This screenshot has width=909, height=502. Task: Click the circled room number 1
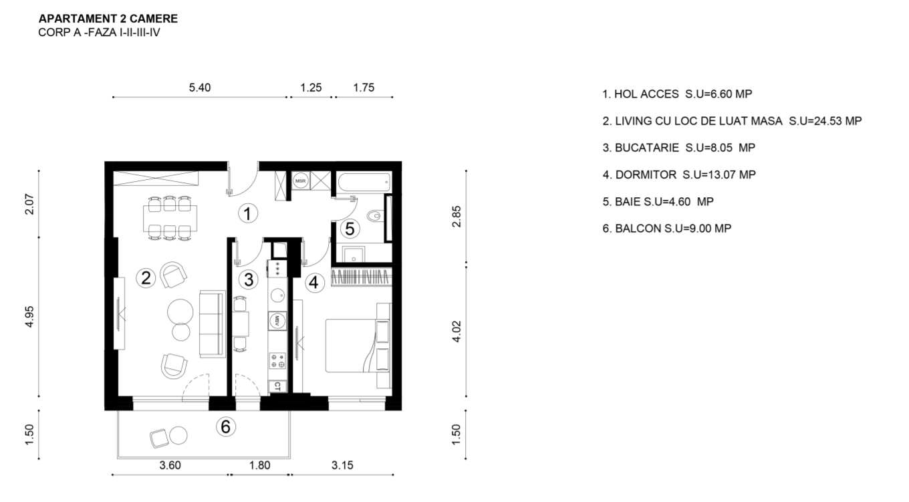pos(248,213)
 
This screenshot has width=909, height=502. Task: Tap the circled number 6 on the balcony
pos(226,426)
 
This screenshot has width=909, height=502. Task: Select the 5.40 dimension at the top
pos(200,88)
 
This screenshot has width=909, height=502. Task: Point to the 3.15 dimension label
pos(342,465)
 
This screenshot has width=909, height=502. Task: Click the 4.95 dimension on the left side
pos(29,317)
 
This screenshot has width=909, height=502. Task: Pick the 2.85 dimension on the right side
pos(457,217)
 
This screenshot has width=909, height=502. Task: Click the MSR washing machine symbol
pos(301,180)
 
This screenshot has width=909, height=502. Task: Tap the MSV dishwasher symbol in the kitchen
pos(277,321)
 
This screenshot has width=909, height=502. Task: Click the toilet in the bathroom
pos(375,215)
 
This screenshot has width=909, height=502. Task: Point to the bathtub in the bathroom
pos(364,182)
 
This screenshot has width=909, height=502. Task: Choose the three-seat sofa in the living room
pos(213,324)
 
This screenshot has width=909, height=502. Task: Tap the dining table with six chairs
pos(170,219)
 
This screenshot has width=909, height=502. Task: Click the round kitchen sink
pos(278,296)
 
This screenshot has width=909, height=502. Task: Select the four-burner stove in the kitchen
pos(277,361)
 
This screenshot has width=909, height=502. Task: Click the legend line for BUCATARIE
pos(679,148)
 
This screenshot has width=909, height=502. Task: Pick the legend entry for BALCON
pos(667,229)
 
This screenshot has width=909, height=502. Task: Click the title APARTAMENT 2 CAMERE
pos(108,19)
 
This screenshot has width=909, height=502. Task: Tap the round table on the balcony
pos(178,436)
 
